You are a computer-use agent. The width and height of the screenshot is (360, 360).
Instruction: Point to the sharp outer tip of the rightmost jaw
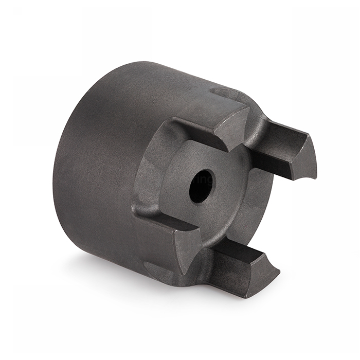315,177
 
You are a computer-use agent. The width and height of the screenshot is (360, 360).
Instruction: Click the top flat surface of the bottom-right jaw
242,252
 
